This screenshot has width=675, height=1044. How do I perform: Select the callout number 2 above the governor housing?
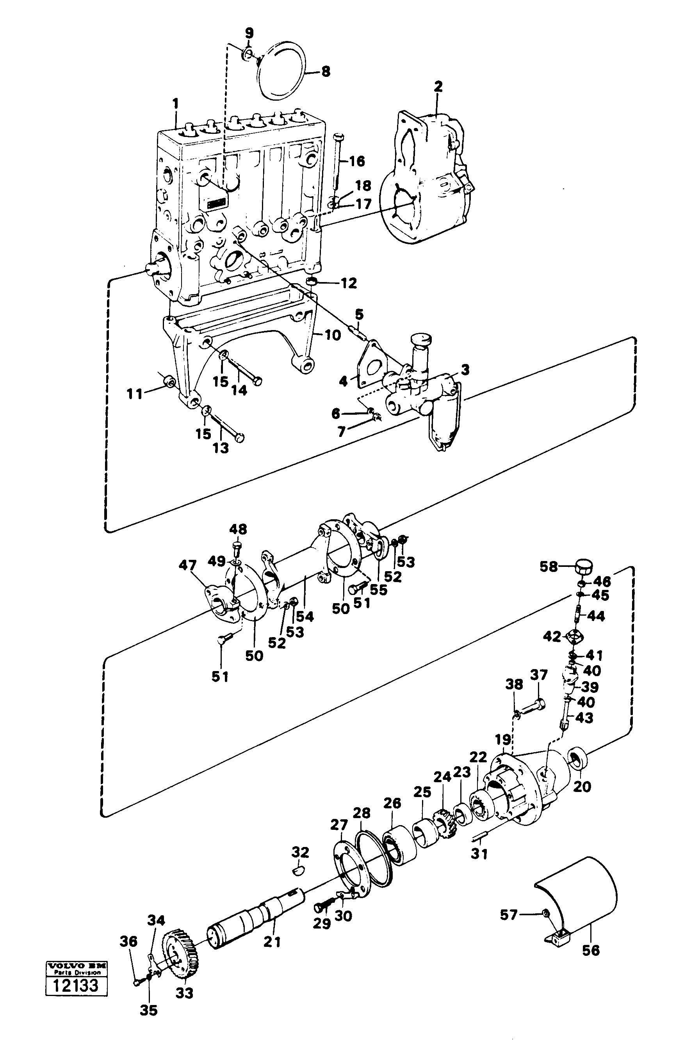point(438,86)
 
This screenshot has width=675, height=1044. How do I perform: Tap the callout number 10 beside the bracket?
point(333,336)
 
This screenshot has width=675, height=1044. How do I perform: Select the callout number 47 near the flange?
point(187,566)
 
